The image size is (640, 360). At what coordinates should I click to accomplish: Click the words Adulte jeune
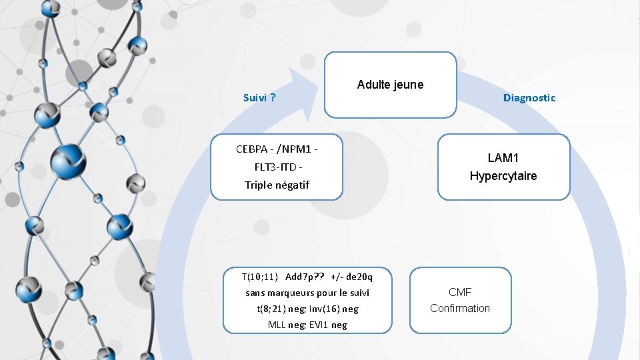(x=390, y=85)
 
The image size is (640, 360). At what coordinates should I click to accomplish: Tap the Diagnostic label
(x=529, y=98)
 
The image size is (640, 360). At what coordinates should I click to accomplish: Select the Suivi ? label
(x=260, y=98)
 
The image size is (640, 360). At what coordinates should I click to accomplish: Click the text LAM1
(x=503, y=158)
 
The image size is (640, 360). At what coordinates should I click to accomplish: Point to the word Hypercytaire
(x=503, y=176)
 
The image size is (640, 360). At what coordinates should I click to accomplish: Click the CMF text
(x=460, y=292)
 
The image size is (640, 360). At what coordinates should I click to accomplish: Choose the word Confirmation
(x=460, y=308)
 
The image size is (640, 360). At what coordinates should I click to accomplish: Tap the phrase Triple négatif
(x=277, y=185)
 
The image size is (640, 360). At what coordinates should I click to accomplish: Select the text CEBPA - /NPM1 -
(x=277, y=148)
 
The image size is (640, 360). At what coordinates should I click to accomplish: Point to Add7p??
(x=304, y=277)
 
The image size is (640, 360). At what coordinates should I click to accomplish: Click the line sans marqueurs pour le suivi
(x=307, y=293)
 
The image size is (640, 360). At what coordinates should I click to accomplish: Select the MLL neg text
(x=287, y=325)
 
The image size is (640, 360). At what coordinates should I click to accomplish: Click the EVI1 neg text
(x=328, y=325)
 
